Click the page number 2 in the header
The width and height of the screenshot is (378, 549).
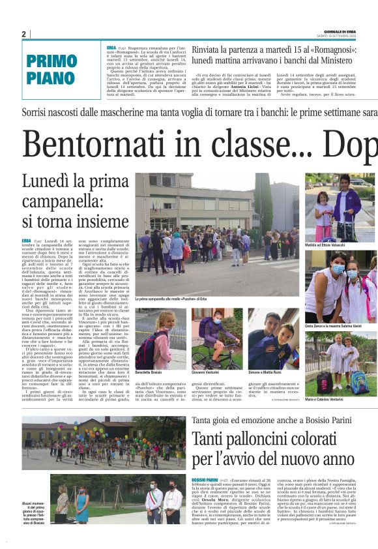[x=23, y=34]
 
